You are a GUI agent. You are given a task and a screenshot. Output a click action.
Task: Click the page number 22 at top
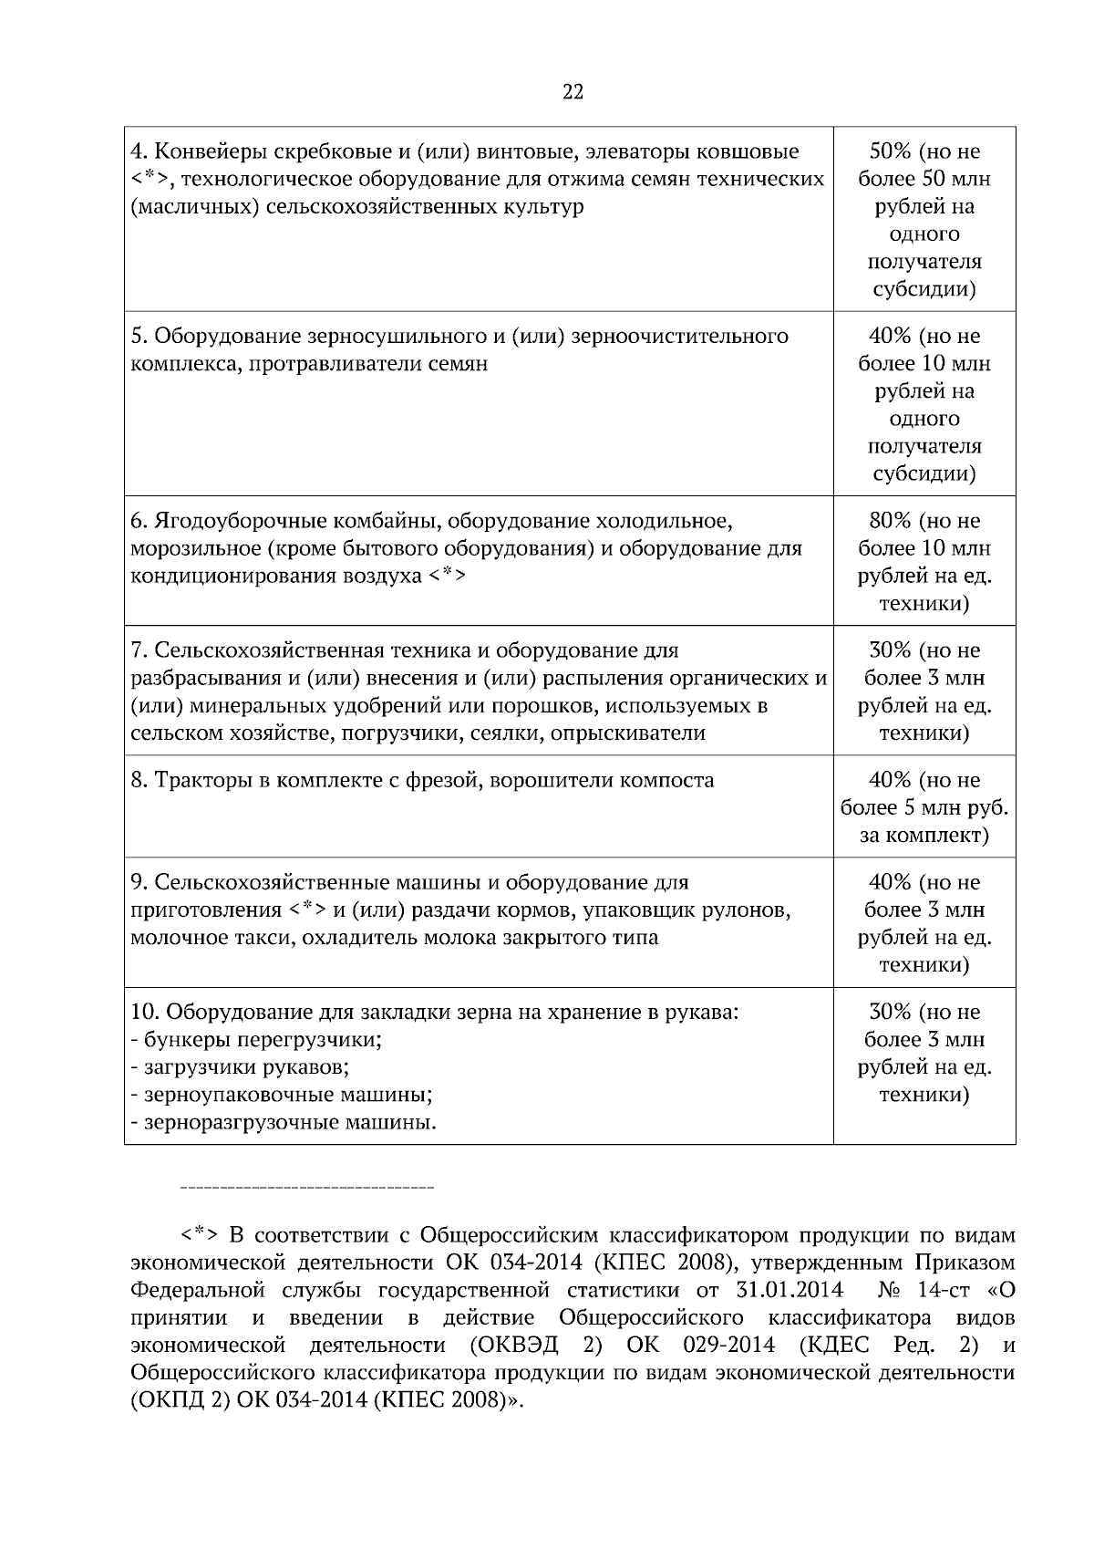pos(573,92)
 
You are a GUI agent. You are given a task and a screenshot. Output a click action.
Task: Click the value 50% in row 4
pos(890,151)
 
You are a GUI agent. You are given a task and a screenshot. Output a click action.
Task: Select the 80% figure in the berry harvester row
pos(890,521)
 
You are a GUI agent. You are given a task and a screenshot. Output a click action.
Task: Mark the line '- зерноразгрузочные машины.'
pos(284,1122)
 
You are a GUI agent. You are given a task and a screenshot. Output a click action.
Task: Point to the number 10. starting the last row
pos(145,1012)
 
